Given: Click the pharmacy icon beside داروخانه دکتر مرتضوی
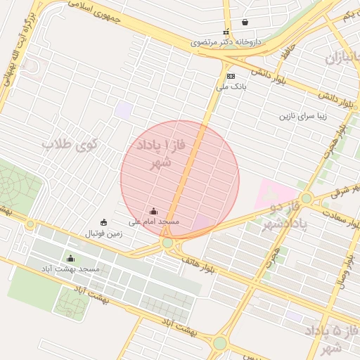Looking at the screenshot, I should (226, 32).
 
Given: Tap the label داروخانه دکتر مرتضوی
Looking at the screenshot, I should (226, 42).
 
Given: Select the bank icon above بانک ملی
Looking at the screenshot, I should (231, 76).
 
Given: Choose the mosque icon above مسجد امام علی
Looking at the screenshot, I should (154, 211).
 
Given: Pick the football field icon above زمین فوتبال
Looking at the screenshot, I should (105, 223).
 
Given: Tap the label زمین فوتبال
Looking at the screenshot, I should (105, 233).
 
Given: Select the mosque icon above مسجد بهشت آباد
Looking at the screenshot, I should (70, 259).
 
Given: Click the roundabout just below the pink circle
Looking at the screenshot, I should (167, 243).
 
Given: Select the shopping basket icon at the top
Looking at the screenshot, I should (244, 22).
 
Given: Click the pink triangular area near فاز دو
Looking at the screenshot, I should (276, 193).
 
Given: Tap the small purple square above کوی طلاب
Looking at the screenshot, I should (124, 110).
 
